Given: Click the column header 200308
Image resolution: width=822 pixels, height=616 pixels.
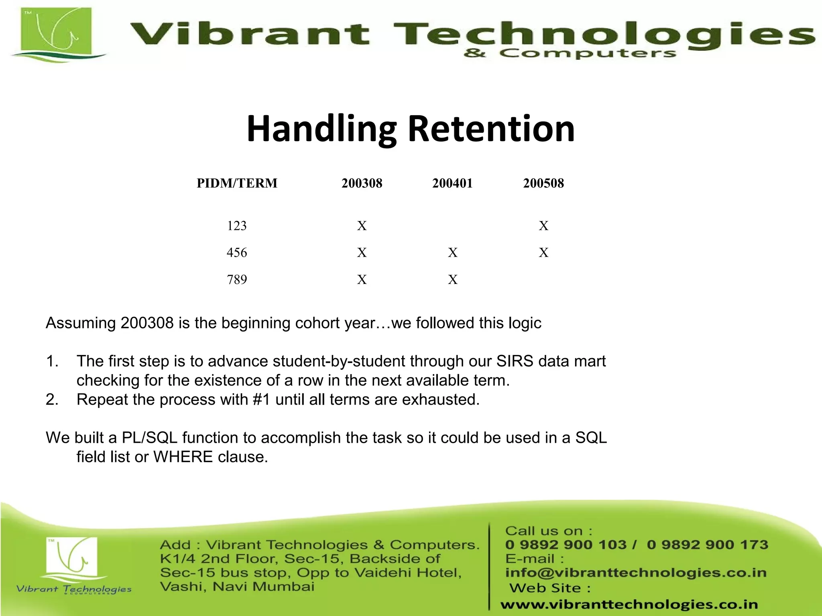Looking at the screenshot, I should (x=362, y=183).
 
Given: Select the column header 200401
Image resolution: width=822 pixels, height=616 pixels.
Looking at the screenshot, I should (x=452, y=183).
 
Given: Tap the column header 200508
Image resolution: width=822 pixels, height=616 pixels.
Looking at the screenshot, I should (x=543, y=183).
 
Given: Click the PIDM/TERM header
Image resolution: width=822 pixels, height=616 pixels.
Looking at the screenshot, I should (x=237, y=183).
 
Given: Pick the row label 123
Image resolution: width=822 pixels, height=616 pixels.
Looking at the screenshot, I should (x=237, y=226).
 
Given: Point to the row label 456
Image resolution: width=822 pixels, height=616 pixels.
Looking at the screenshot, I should (x=237, y=253).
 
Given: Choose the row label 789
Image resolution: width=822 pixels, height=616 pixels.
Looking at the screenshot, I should (x=237, y=280).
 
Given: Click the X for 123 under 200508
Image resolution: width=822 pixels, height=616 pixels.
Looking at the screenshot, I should (x=543, y=226).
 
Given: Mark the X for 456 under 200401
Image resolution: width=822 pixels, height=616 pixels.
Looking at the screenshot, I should (x=453, y=253).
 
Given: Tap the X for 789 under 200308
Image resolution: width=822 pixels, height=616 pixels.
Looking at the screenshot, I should (x=362, y=280).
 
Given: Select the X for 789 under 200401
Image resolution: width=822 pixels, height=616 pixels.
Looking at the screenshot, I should (x=453, y=280).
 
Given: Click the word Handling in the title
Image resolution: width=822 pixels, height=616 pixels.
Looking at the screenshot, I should (x=321, y=130).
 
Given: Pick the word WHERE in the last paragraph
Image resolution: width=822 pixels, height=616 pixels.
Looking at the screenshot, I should (x=183, y=457).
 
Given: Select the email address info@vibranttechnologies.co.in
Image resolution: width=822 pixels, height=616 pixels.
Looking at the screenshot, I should (x=636, y=573).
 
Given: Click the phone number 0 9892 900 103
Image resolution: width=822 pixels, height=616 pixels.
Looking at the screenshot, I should (x=566, y=545).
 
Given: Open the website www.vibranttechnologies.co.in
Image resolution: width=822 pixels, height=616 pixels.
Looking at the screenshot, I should (x=629, y=604).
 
